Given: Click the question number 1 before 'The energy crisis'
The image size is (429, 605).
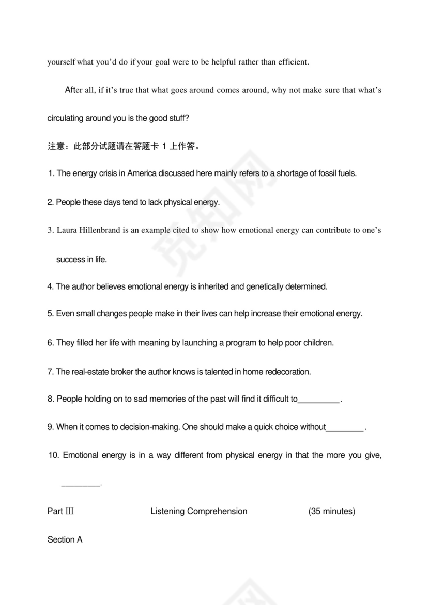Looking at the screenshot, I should (x=50, y=173).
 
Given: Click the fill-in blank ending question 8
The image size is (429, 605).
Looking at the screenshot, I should (x=319, y=400).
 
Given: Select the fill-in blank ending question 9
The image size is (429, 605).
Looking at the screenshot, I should (x=345, y=427).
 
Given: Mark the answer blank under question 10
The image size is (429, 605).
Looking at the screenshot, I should (x=81, y=485).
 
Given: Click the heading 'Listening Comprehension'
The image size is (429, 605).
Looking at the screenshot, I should (x=199, y=512).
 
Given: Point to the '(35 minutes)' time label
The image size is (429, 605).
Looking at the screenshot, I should (x=331, y=512).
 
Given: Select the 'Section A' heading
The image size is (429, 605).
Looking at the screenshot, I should (x=65, y=540).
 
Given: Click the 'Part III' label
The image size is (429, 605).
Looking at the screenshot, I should (x=60, y=512).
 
